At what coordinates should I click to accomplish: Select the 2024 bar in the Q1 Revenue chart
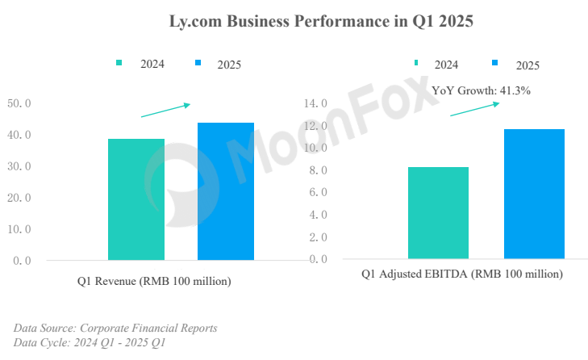(x=136, y=199)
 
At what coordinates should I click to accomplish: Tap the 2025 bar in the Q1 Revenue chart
(x=226, y=191)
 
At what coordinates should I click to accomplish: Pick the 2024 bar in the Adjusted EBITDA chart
(x=438, y=213)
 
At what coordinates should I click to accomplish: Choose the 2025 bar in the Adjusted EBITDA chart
(x=534, y=194)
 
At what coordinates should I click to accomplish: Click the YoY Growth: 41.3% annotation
(x=481, y=91)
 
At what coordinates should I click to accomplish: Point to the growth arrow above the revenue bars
(x=165, y=110)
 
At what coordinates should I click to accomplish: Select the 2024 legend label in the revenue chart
(x=152, y=64)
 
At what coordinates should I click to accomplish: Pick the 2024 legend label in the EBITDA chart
(x=447, y=65)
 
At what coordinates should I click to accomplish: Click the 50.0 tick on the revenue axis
(x=19, y=103)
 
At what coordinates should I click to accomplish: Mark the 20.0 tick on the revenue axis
(x=19, y=198)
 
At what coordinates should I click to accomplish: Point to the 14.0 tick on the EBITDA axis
(x=316, y=103)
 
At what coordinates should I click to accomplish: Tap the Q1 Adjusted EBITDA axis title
(x=461, y=274)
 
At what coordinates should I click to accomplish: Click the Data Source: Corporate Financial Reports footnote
(x=115, y=328)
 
